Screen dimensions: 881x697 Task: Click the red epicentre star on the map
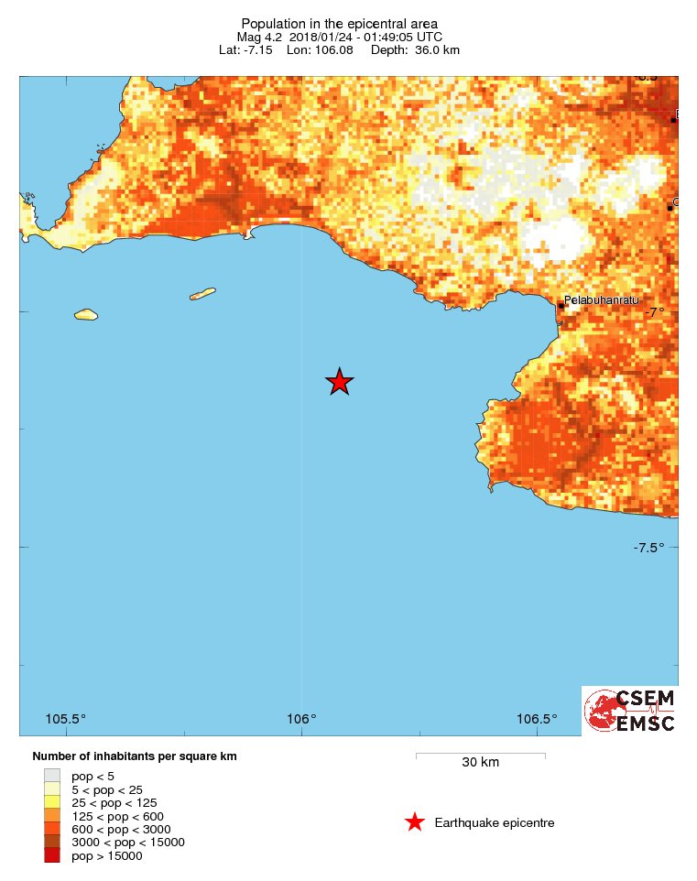tap(340, 382)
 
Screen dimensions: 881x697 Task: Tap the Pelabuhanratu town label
tap(601, 300)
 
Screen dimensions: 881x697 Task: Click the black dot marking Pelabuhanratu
tap(561, 305)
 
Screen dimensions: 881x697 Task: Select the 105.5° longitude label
tap(66, 718)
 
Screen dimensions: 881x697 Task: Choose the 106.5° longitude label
tap(537, 718)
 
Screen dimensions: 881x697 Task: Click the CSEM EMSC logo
tap(630, 711)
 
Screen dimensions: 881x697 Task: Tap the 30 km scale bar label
tap(480, 763)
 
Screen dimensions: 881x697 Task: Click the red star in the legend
tap(415, 822)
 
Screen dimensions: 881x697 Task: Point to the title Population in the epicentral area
tap(339, 23)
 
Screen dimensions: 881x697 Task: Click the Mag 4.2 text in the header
tap(260, 37)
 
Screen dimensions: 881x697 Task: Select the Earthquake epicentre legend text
tap(495, 822)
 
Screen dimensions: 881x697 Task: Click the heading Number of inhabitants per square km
tap(135, 756)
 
